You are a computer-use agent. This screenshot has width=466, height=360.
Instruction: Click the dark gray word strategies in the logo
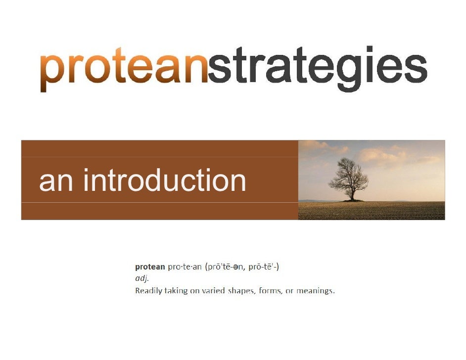(317, 70)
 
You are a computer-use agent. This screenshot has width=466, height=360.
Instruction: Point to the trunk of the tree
(352, 195)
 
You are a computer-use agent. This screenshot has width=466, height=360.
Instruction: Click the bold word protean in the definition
(150, 267)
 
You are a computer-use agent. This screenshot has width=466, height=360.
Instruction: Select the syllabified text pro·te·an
(185, 267)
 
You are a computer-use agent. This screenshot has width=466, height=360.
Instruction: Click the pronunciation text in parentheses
(242, 267)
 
